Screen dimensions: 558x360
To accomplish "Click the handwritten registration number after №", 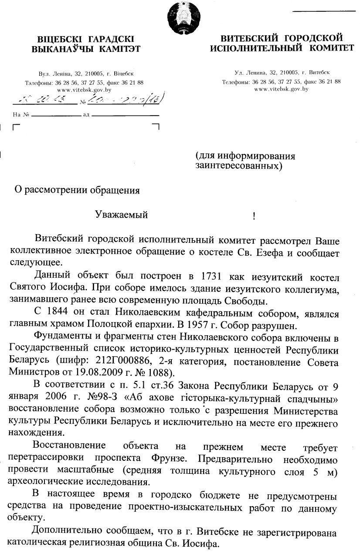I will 125,102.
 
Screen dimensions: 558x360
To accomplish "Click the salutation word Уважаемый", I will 122,214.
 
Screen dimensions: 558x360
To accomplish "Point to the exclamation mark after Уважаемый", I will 254,215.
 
